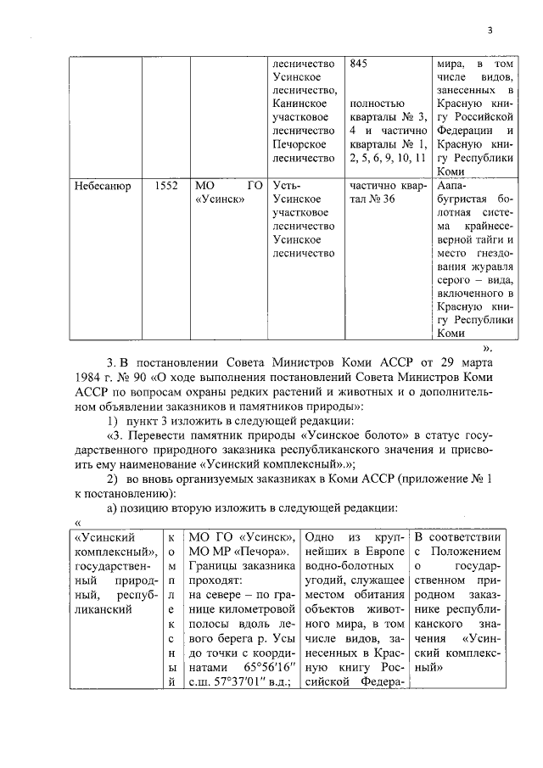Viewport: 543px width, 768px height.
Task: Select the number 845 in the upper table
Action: point(360,64)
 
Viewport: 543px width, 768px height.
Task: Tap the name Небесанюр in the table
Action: point(102,185)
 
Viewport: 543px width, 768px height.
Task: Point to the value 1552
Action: point(165,185)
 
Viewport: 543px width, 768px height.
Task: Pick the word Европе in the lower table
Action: point(383,554)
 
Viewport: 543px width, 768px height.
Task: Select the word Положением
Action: point(472,554)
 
